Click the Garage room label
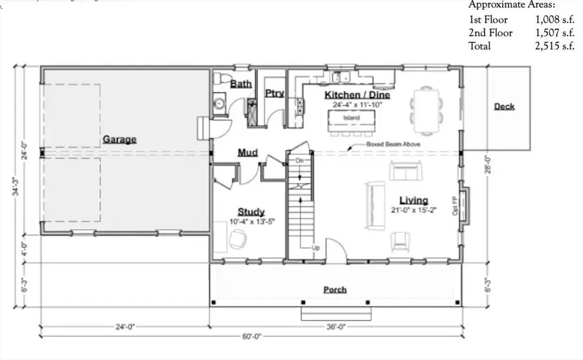119,139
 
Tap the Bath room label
240,84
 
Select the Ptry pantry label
275,93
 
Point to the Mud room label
247,153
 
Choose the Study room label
250,212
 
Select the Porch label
335,289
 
